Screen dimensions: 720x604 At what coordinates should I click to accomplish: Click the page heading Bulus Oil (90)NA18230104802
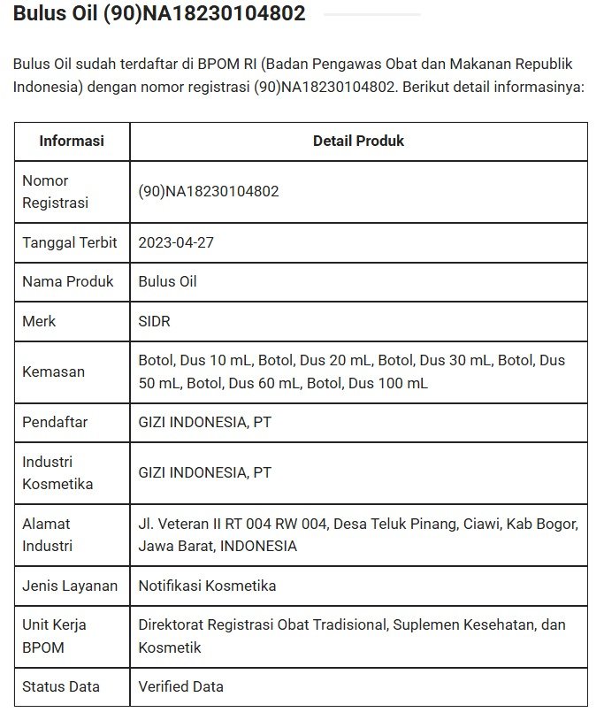click(x=159, y=14)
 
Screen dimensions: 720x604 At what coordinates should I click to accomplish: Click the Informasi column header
click(x=72, y=142)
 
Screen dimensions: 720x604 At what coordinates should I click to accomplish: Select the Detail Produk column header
click(x=358, y=142)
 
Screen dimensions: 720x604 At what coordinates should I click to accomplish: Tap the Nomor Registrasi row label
click(x=55, y=191)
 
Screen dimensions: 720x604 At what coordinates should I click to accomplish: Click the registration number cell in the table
click(x=209, y=191)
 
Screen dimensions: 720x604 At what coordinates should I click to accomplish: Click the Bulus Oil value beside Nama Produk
click(x=167, y=282)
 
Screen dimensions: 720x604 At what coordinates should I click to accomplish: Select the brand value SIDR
click(x=154, y=321)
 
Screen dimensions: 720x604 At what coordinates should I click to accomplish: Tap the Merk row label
click(x=39, y=321)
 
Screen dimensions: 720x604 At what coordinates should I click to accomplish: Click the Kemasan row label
click(x=53, y=371)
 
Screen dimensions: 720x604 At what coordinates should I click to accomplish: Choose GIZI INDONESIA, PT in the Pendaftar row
click(x=204, y=422)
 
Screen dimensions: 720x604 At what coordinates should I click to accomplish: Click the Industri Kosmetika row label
click(x=57, y=472)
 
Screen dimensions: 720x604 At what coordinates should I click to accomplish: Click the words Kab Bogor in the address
click(x=549, y=524)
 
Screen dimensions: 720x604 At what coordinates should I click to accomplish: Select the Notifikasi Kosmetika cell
click(x=207, y=586)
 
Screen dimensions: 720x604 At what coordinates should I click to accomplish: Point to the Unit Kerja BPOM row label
click(x=54, y=636)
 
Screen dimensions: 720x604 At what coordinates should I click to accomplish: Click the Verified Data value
click(x=180, y=686)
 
